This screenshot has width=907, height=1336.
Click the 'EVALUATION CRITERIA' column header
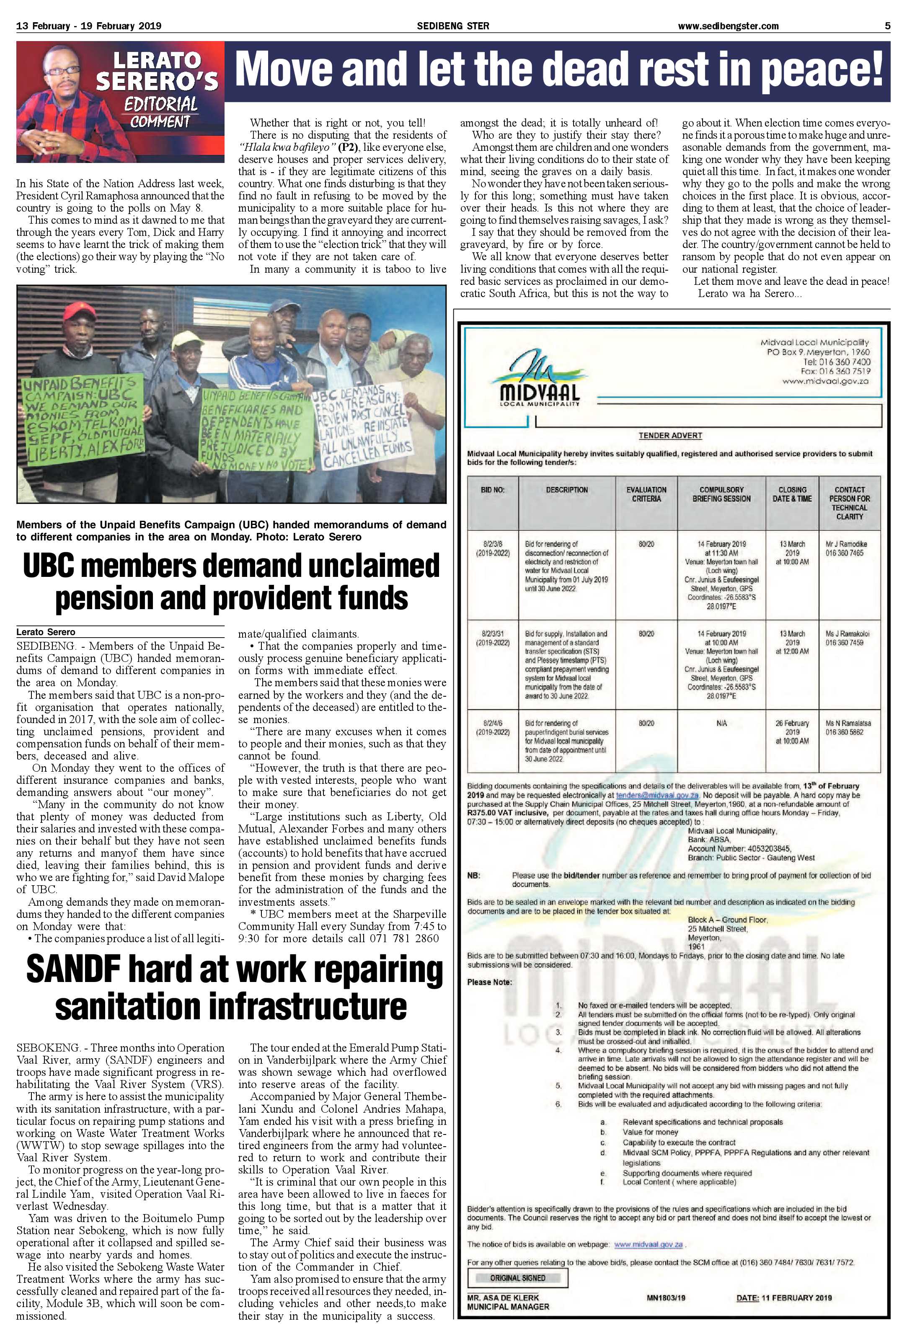click(646, 494)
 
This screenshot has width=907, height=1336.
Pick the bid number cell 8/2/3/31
click(493, 638)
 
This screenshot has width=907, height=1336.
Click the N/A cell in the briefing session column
click(721, 723)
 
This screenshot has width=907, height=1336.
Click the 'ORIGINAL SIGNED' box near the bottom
click(517, 1278)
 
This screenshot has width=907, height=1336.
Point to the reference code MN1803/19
click(666, 1297)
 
